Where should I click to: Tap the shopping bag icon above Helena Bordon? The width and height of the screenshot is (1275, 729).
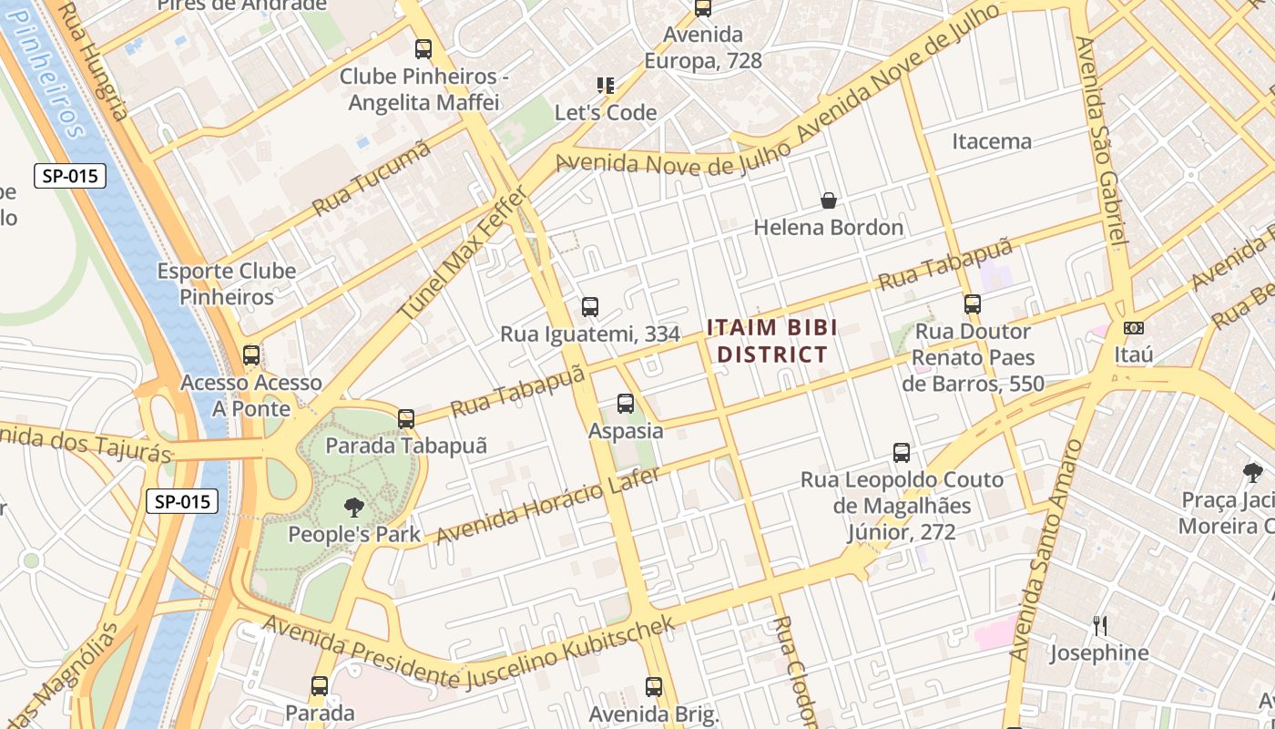tap(829, 200)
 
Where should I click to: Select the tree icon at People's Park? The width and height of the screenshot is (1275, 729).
tap(353, 508)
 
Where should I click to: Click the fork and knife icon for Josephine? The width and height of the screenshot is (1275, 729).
tap(1100, 625)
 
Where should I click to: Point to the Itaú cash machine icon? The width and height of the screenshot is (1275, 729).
tap(1134, 327)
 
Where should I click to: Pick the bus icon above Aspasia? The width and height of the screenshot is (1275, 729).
tap(626, 403)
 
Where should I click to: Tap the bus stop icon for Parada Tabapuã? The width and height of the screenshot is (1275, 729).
tap(406, 419)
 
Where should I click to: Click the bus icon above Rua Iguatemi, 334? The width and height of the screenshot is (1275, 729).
tap(590, 307)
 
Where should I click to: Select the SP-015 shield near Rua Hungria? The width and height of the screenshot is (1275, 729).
tap(70, 176)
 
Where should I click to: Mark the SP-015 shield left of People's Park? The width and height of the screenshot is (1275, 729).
tap(182, 500)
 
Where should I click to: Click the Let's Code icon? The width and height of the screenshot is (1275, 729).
tap(606, 86)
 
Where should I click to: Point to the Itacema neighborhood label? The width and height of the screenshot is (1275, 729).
tap(992, 141)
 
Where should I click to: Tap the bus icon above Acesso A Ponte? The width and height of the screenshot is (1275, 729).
tap(251, 355)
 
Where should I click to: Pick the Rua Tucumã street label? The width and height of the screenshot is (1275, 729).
tap(371, 180)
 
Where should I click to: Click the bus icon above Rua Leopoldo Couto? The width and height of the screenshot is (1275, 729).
tap(902, 453)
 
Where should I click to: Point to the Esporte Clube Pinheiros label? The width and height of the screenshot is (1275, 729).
tap(227, 283)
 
